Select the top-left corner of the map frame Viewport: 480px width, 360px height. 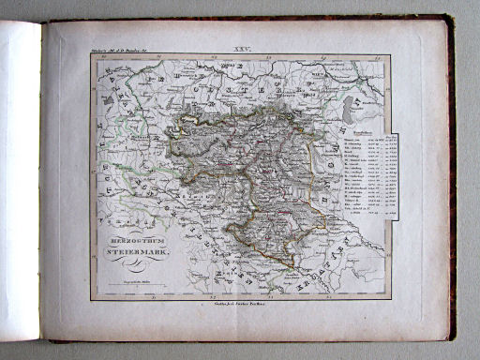click(92, 53)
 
